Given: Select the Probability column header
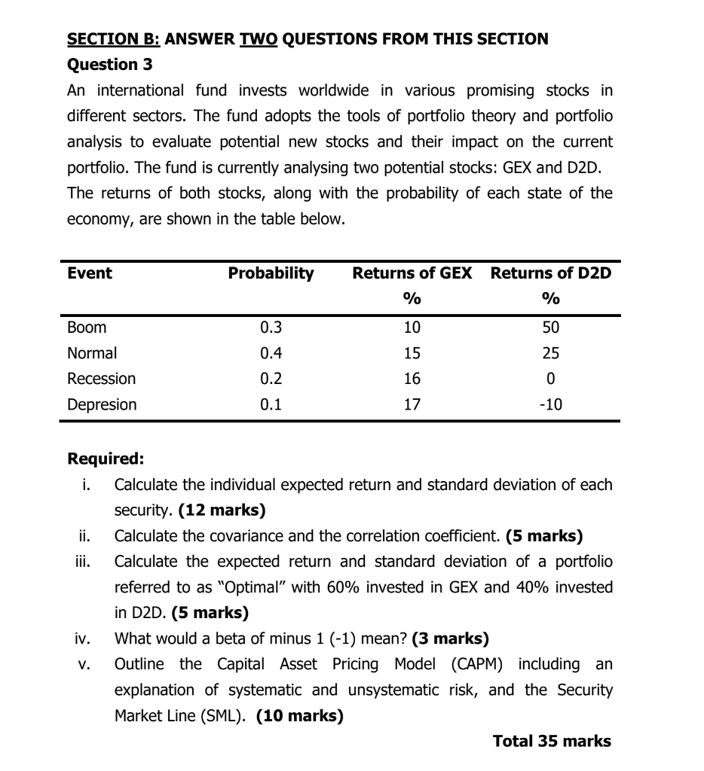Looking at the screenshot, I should [271, 273].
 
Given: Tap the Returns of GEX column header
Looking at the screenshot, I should [412, 273].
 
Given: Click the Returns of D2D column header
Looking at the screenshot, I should [551, 273].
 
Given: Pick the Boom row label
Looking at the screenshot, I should [87, 328].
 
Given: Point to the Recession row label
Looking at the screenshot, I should [102, 379].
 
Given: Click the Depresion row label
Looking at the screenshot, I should [103, 404].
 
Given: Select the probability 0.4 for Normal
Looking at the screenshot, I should [270, 353].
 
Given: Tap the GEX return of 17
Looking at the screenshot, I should [412, 404].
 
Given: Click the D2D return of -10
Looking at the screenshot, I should [551, 404].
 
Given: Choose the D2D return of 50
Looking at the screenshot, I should [552, 328].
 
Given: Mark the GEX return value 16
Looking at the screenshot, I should [412, 379].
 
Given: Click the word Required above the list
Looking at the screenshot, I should [106, 459].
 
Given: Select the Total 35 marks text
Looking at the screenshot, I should [552, 742].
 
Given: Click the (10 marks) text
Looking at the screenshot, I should [300, 716].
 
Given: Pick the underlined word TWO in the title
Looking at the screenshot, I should [259, 38].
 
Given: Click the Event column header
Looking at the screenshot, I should [89, 273].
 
